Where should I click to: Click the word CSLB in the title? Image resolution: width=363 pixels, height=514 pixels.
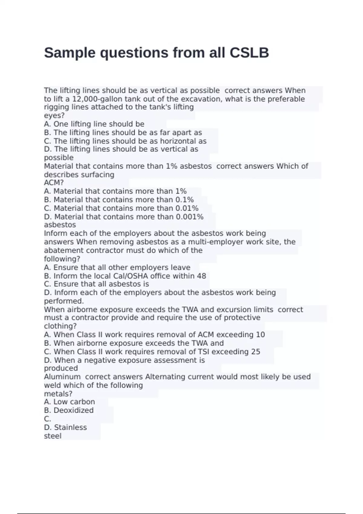249,53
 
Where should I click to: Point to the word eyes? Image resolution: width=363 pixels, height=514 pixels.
54,115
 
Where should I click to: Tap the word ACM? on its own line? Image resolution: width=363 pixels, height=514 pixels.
54,183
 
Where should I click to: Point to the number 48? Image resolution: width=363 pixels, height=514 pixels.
201,276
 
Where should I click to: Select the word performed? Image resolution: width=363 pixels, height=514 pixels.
64,301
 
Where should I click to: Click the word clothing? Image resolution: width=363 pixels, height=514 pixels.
60,326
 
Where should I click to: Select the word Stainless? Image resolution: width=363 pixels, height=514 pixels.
70,427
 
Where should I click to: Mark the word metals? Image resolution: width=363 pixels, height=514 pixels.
58,394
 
